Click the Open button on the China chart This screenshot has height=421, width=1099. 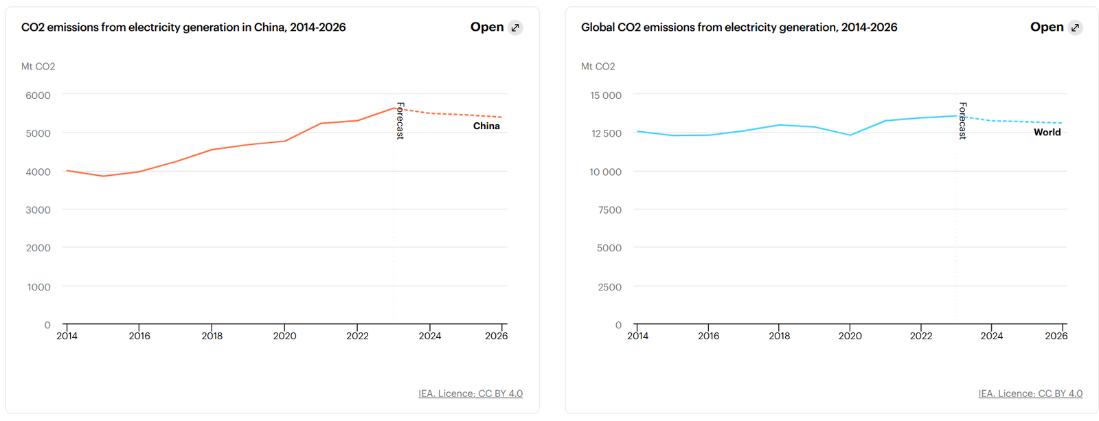496,27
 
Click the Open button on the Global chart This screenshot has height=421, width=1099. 1056,27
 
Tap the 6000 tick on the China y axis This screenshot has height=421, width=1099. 38,95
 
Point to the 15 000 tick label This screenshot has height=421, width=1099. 605,95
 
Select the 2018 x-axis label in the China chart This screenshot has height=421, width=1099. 212,336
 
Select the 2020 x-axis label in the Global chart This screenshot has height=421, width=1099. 850,336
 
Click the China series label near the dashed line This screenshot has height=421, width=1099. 486,126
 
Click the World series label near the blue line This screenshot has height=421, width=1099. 1047,132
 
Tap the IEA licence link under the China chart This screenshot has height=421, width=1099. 471,394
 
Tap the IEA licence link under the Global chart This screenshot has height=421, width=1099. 1030,394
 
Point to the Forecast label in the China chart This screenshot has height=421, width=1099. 400,121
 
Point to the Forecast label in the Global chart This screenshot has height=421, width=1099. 962,121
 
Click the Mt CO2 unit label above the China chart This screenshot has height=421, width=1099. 38,67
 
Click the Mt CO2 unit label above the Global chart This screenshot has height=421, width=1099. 598,67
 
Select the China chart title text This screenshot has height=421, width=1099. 183,27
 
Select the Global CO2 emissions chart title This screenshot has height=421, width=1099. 739,27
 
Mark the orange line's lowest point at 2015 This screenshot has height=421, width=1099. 104,176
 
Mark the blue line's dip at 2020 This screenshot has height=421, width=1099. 850,135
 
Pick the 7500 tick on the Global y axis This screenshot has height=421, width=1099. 609,210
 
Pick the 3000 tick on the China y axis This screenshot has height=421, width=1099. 38,210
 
